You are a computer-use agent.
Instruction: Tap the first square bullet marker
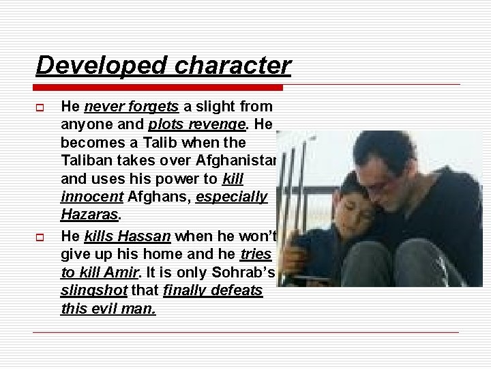(x=42, y=107)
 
